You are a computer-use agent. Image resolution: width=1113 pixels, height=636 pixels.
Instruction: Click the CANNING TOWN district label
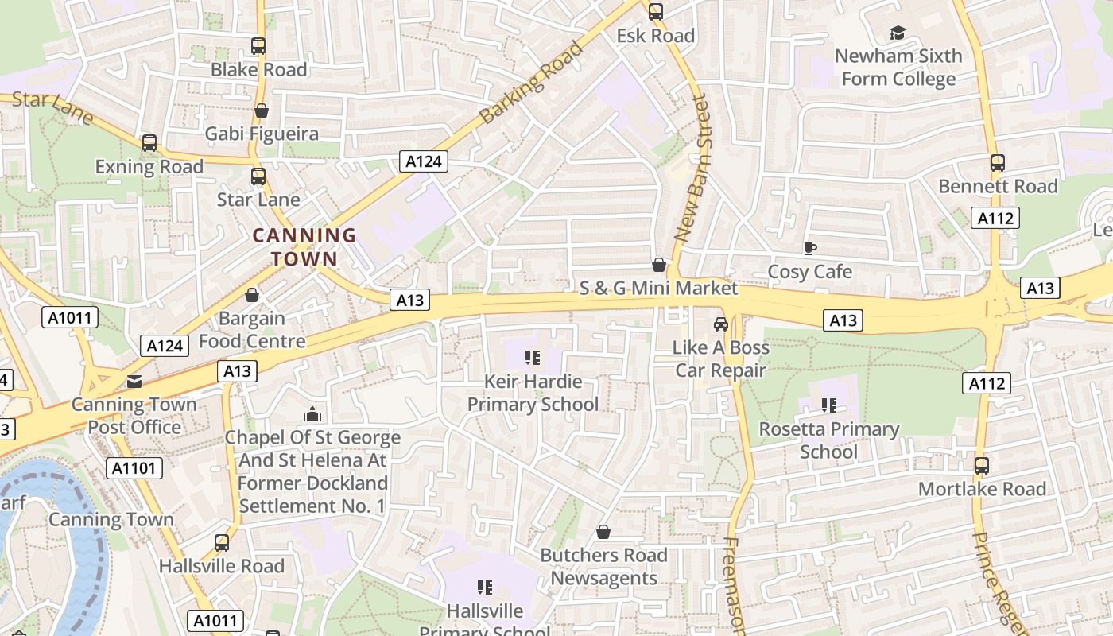pos(304,246)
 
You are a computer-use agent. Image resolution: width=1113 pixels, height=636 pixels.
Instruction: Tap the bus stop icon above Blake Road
pos(258,46)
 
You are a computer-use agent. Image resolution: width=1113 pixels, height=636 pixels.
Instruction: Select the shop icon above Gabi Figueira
pos(261,111)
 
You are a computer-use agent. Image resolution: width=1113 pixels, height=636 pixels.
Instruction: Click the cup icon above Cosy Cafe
pos(809,249)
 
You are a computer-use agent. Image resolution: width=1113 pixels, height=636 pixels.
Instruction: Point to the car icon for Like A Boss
pos(721,324)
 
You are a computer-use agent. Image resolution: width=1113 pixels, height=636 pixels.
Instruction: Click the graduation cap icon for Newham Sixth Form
pos(898,33)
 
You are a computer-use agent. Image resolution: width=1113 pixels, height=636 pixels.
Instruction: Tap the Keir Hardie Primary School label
pos(533,393)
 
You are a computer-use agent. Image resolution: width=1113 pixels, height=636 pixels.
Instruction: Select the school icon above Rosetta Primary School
pos(829,405)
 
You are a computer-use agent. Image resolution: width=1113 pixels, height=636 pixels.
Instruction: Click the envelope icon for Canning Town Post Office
pos(134,382)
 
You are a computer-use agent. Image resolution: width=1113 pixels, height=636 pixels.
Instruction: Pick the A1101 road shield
pos(134,467)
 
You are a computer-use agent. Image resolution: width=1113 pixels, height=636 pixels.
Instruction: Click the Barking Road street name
pos(532,82)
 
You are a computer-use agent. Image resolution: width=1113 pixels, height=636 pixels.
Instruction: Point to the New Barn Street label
pos(691,169)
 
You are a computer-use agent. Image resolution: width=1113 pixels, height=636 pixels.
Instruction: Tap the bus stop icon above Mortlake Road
pos(982,465)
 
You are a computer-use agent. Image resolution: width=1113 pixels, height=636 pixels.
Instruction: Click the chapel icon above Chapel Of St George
pos(312,414)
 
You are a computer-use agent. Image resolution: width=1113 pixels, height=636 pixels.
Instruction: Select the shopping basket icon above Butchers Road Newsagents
pos(603,532)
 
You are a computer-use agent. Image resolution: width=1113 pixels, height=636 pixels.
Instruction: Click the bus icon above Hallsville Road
pos(222,543)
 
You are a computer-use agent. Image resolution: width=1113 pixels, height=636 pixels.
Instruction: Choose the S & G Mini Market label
pos(658,288)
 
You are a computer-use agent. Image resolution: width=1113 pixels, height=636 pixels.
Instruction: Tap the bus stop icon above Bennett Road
pos(998,163)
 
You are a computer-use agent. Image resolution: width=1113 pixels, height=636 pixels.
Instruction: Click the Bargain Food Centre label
pos(251,330)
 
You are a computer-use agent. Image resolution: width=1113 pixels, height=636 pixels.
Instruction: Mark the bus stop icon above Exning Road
pos(149,143)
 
